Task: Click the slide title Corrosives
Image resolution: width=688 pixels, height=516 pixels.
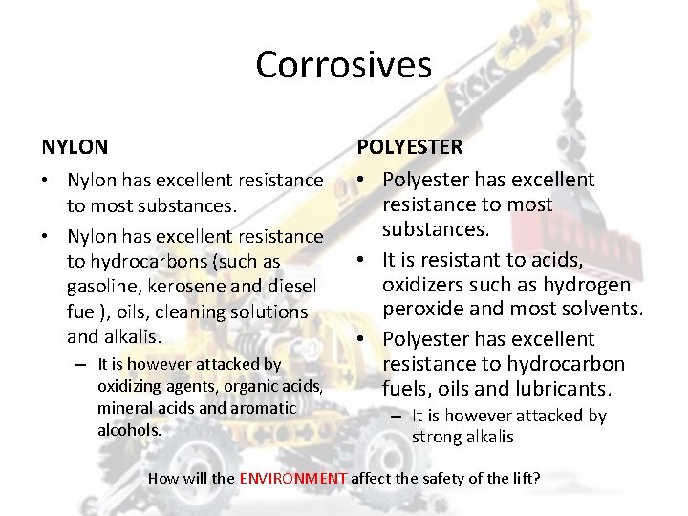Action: pyautogui.click(x=343, y=65)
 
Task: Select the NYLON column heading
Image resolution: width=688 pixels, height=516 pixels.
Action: pyautogui.click(x=75, y=147)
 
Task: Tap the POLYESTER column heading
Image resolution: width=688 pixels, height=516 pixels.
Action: pyautogui.click(x=410, y=147)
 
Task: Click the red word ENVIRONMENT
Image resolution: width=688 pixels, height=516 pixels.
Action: pyautogui.click(x=293, y=477)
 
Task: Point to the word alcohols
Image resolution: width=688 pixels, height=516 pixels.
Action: pyautogui.click(x=129, y=429)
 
